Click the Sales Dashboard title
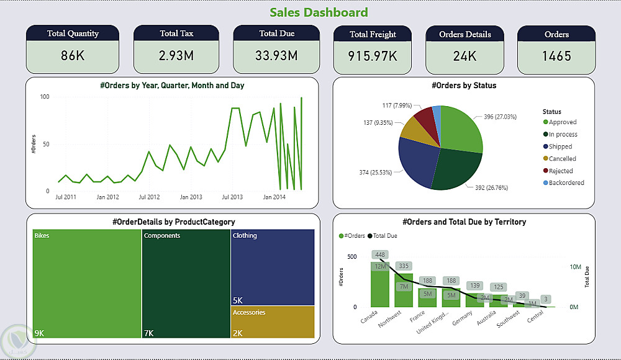pos(319,12)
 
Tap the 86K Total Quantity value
pos(73,56)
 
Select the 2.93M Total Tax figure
pos(176,56)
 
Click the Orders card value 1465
pos(556,56)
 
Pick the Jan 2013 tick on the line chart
pos(191,197)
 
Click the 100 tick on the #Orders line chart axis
pos(45,97)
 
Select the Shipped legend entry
pos(560,146)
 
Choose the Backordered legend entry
pos(566,183)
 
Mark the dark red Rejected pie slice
pos(424,116)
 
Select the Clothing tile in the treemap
pos(273,267)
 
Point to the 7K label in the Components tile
pos(149,333)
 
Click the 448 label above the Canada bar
pos(380,254)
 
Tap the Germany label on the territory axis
pos(462,318)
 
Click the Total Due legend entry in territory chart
pos(385,236)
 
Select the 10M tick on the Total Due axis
pos(575,267)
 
